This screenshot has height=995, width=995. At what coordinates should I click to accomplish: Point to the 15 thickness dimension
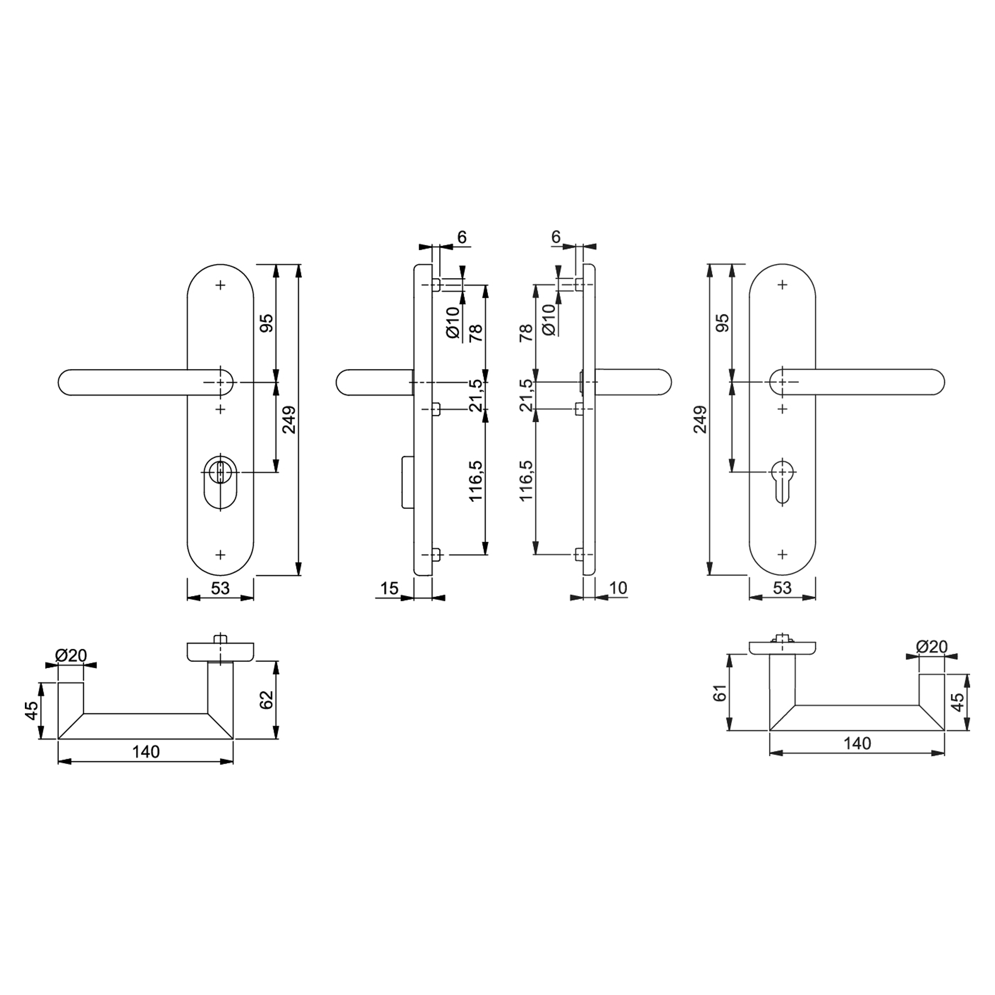coord(390,588)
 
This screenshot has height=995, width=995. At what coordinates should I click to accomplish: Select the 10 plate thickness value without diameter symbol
coord(618,588)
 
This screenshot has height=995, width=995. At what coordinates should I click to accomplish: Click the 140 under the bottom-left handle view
coord(146,752)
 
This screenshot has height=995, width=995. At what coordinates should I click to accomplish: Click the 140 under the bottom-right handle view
coord(858,744)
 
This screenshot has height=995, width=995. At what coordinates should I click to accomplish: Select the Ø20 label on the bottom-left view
coord(71,656)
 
